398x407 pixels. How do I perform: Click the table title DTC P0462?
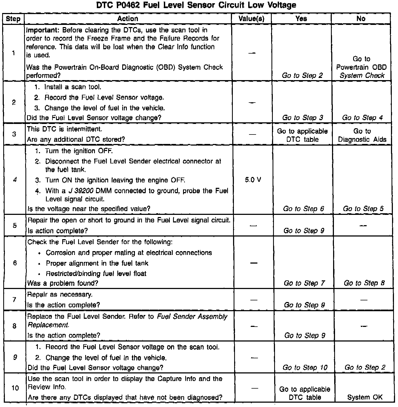pos(196,5)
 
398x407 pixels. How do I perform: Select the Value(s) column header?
pos(251,19)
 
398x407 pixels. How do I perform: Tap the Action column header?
pos(128,19)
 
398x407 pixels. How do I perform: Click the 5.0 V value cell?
pos(253,180)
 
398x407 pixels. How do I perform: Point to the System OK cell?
pos(365,397)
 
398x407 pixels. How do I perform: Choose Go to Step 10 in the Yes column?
pos(305,367)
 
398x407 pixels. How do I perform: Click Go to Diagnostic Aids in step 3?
pos(362,135)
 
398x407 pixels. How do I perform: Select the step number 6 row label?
pos(15,263)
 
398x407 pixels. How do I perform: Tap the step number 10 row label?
pos(15,388)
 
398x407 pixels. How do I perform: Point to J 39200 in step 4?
pos(81,191)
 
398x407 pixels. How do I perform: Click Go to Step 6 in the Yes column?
pos(303,209)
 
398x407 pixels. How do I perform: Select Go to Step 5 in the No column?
pos(363,209)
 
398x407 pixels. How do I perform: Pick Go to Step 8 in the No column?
pos(364,283)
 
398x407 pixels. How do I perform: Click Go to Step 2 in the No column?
pos(365,367)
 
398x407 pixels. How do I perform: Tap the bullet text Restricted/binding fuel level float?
pos(96,274)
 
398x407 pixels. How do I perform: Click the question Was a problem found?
pos(63,283)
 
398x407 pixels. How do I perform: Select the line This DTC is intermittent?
pos(64,129)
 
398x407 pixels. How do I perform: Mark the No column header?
pos(361,19)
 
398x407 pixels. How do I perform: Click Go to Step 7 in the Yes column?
pos(304,283)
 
